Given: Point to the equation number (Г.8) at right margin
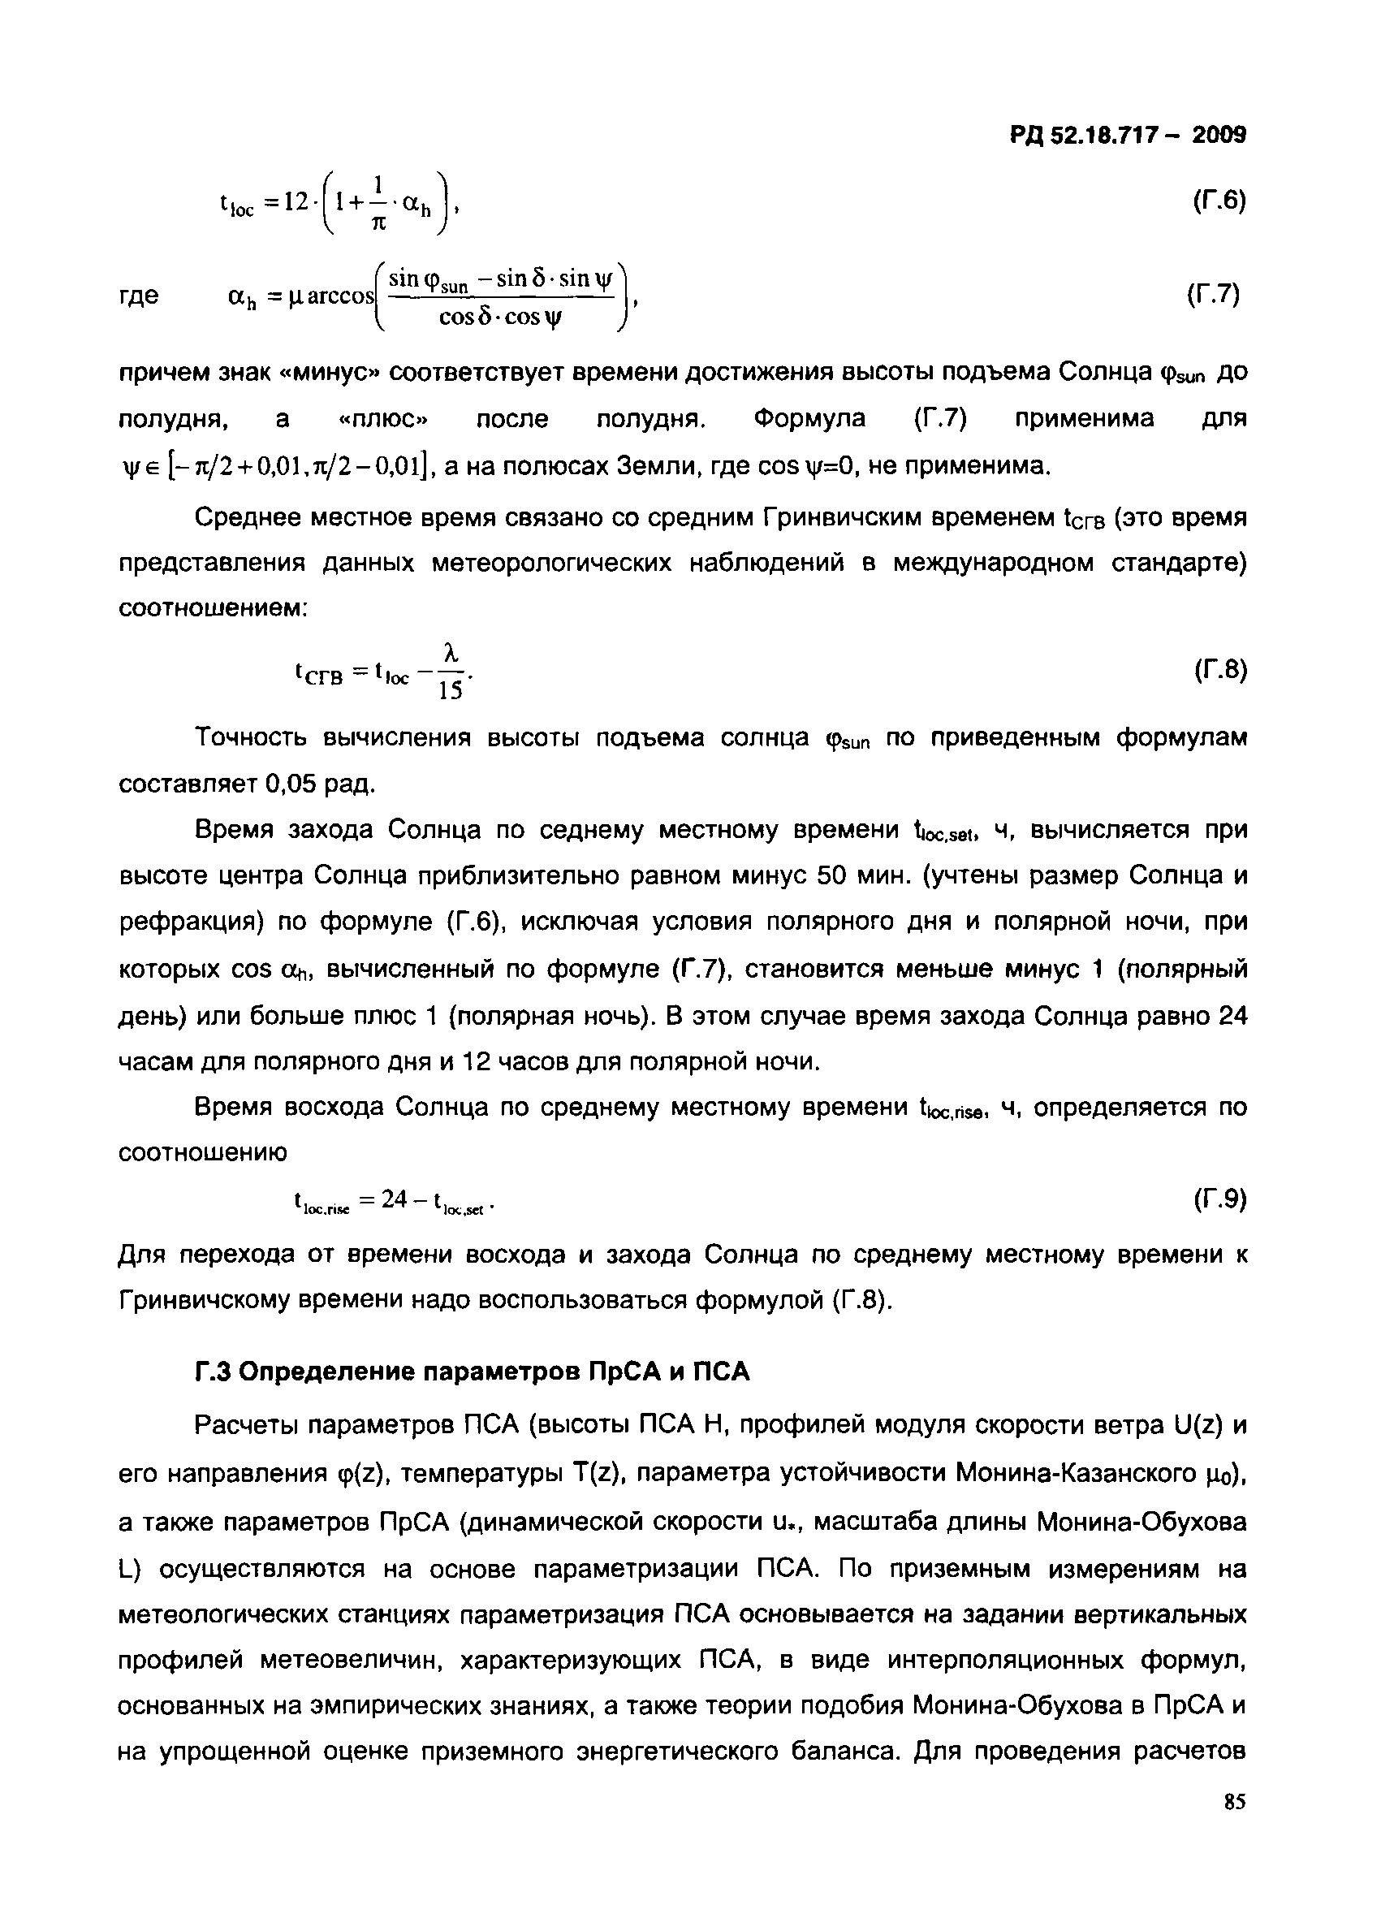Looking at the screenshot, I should click(x=1220, y=670).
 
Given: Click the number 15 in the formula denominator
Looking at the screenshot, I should click(x=450, y=691).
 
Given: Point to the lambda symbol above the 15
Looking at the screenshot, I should click(x=451, y=652).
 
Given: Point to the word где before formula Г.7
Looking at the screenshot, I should click(x=138, y=296).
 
